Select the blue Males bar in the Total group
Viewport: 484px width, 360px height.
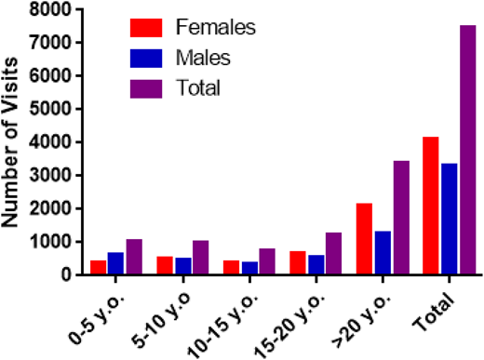click(x=450, y=219)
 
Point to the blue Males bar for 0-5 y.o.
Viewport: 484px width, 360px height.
click(x=115, y=263)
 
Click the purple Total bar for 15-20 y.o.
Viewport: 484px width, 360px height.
click(x=333, y=254)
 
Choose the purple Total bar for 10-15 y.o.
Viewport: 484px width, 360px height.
click(x=267, y=261)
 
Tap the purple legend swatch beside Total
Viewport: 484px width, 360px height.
click(x=149, y=87)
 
